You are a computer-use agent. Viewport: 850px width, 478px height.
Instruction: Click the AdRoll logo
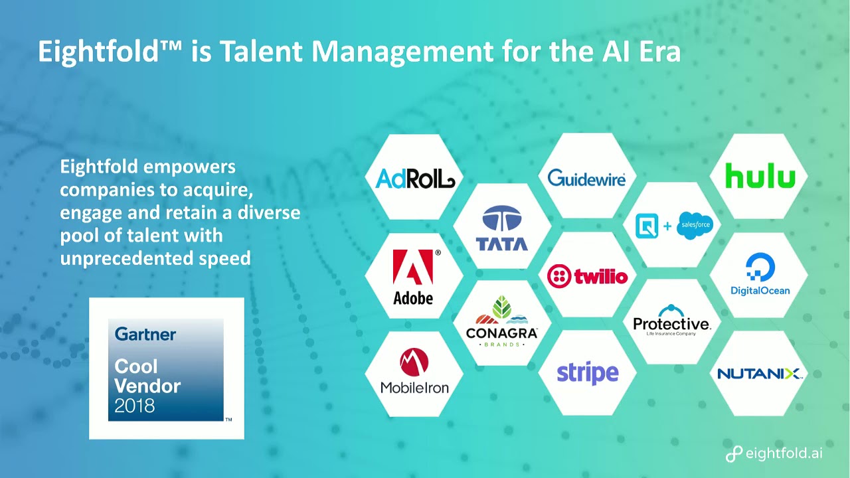pyautogui.click(x=415, y=178)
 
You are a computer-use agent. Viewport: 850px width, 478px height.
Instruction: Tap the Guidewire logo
pyautogui.click(x=586, y=178)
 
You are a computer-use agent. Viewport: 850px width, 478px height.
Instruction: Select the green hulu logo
pyautogui.click(x=760, y=176)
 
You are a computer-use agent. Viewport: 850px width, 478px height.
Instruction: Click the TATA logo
pyautogui.click(x=501, y=228)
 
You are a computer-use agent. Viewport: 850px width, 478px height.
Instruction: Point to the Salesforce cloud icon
pyautogui.click(x=695, y=225)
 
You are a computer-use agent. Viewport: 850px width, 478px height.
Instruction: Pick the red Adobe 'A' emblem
pyautogui.click(x=413, y=267)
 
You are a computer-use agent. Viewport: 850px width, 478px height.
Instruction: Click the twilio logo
pyautogui.click(x=588, y=276)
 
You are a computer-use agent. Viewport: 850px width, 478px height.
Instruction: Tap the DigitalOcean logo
pyautogui.click(x=760, y=274)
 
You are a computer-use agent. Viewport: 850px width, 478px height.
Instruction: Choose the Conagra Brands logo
pyautogui.click(x=501, y=321)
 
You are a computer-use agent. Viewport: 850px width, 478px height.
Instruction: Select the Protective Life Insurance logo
pyautogui.click(x=671, y=321)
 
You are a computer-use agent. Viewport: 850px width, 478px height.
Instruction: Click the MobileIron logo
pyautogui.click(x=414, y=371)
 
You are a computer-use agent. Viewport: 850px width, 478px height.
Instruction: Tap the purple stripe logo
pyautogui.click(x=588, y=373)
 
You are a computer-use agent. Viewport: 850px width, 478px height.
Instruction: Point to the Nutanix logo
pyautogui.click(x=760, y=374)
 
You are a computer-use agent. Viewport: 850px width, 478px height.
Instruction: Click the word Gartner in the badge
pyautogui.click(x=145, y=334)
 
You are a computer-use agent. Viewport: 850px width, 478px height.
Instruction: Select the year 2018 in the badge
pyautogui.click(x=134, y=406)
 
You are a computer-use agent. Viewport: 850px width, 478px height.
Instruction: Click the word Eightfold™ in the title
pyautogui.click(x=110, y=51)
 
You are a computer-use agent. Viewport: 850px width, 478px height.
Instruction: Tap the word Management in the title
pyautogui.click(x=402, y=52)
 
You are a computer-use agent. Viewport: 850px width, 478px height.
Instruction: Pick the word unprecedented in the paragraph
pyautogui.click(x=126, y=258)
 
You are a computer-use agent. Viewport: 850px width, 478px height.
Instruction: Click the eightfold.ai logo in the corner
pyautogui.click(x=774, y=453)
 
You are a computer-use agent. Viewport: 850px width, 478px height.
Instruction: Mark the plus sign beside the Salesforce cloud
pyautogui.click(x=667, y=226)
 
